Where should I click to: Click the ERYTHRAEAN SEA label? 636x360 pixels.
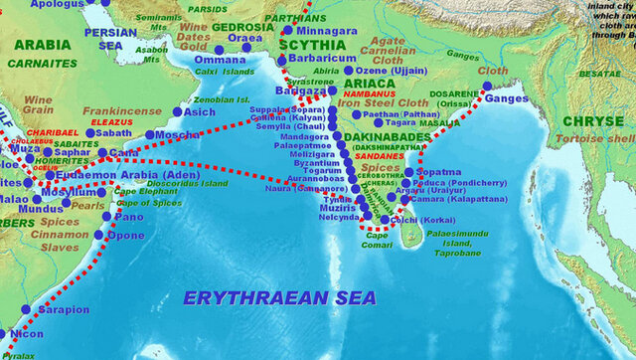click(x=279, y=297)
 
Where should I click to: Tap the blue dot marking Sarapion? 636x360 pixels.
click(x=26, y=310)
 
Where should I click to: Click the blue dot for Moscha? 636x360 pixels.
click(x=150, y=134)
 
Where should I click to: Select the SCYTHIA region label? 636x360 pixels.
click(x=310, y=45)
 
